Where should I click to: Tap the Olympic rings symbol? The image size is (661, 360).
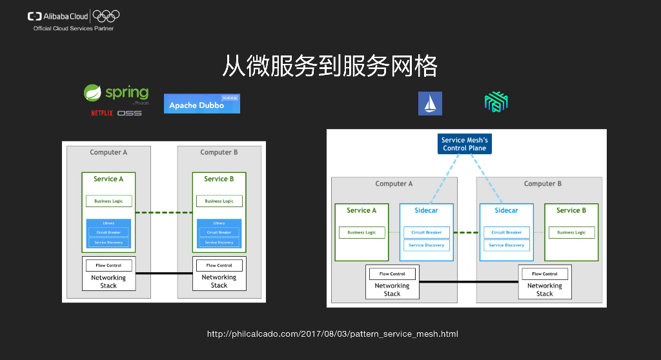point(107,16)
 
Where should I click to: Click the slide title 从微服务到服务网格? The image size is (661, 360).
point(330,66)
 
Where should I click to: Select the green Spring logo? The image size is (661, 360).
point(117,94)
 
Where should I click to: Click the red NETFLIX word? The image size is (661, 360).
point(101,114)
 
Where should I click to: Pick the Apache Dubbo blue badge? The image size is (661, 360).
point(201,104)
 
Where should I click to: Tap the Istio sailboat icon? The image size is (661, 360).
point(430,103)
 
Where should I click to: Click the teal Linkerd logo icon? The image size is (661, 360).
point(497,102)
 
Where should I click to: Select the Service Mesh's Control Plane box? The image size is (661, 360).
point(464,144)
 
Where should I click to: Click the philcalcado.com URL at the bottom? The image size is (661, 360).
point(332,334)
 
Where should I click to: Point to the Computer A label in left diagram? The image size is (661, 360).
point(108,152)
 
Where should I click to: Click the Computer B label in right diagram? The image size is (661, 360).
point(542,184)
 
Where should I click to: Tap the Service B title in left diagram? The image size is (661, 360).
point(219,179)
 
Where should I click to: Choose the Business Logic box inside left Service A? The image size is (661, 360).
point(108,201)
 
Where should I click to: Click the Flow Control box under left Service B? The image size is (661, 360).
point(219,265)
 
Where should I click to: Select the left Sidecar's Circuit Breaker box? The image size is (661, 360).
point(427,232)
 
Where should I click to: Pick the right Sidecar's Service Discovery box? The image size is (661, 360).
point(506,245)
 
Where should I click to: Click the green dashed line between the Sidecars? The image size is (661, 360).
point(467,232)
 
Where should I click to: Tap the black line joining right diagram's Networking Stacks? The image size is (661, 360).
point(469,282)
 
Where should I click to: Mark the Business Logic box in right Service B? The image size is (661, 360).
point(571,232)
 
